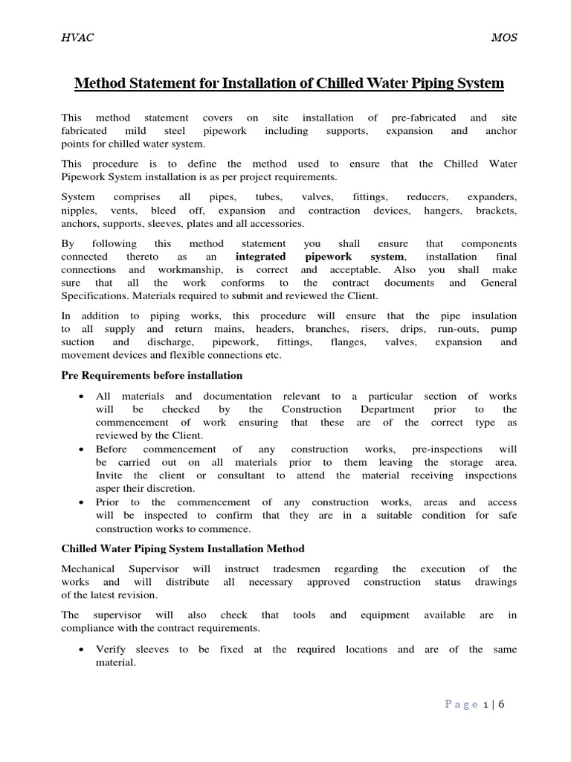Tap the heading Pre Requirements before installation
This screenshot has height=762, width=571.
(x=152, y=376)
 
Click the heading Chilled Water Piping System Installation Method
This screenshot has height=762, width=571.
(x=182, y=548)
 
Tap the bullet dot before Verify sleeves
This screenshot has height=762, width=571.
(x=79, y=650)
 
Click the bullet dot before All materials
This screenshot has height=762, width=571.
(x=79, y=397)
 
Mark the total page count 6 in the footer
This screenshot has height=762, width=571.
(x=501, y=704)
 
